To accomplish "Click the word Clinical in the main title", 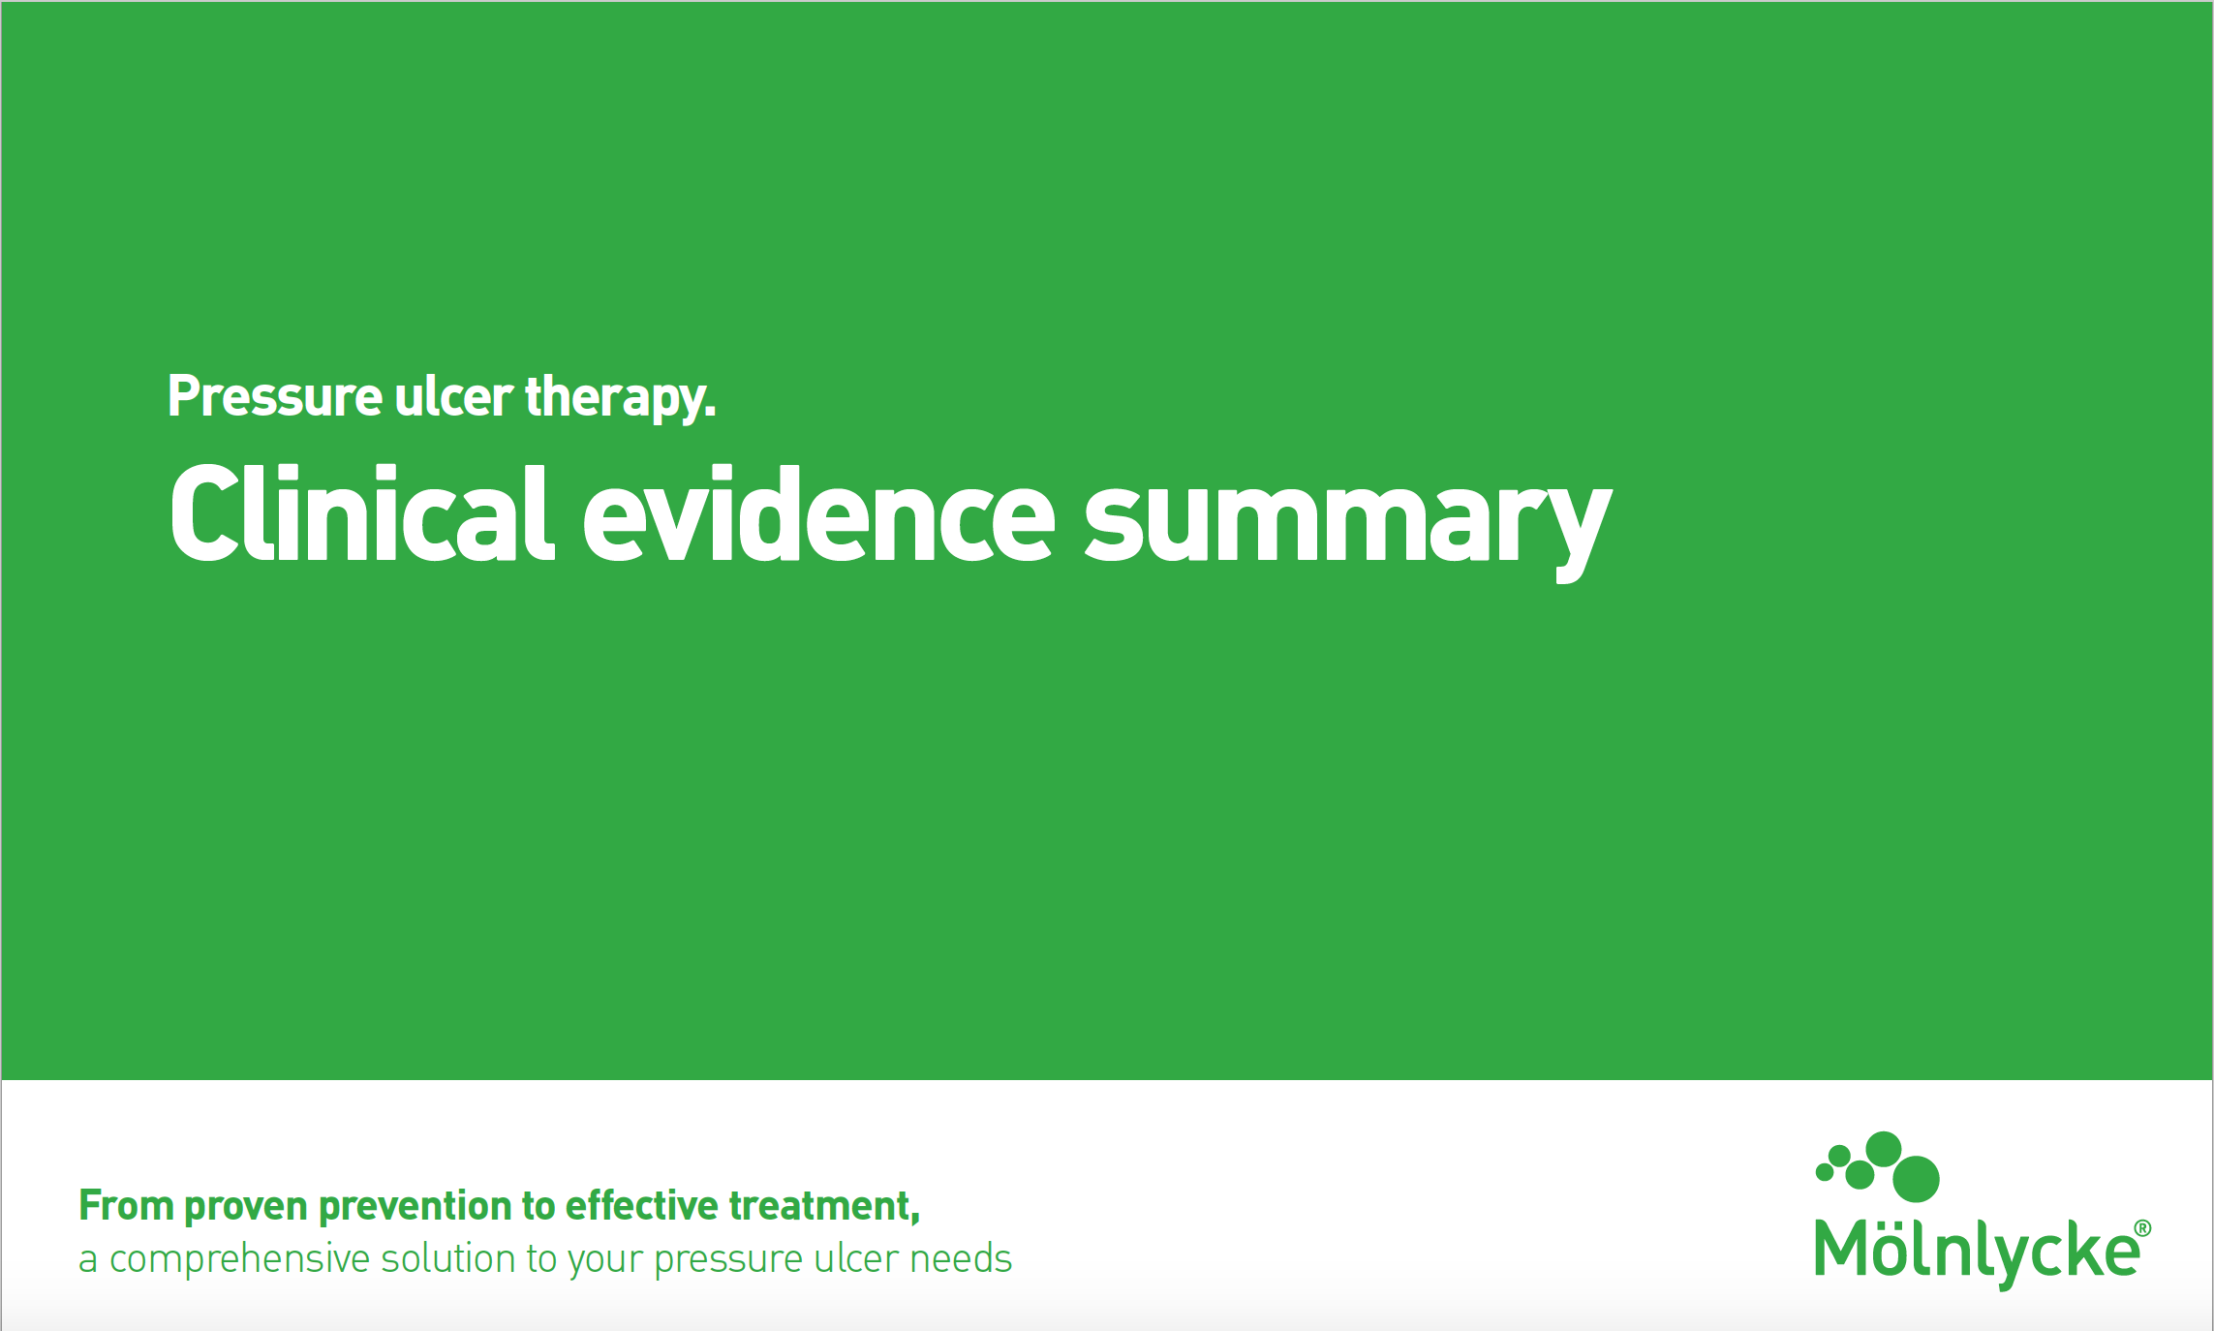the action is [362, 513].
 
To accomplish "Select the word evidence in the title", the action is [818, 513].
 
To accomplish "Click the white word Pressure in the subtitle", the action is [275, 396].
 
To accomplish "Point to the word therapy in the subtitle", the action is [621, 398].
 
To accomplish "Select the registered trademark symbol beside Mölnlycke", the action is [2143, 1228].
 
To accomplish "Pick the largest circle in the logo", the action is [1916, 1179].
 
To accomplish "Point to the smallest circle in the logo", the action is [1825, 1173].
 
